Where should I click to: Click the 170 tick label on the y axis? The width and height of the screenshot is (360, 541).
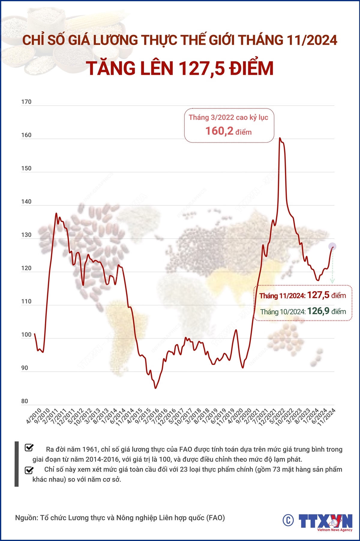26,102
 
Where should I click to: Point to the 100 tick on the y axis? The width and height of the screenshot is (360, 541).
26,335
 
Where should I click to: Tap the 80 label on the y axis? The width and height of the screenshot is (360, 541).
24,401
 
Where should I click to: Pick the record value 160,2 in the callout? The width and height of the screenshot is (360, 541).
219,131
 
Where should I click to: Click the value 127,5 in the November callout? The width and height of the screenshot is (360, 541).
318,295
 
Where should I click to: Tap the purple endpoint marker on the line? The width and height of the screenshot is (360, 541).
332,246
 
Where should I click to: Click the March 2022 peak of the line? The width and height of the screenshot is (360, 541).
280,138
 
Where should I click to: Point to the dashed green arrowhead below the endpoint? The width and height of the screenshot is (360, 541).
332,281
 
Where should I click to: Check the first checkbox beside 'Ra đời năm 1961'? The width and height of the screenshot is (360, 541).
29,448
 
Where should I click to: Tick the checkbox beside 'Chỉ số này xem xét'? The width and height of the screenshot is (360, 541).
29,470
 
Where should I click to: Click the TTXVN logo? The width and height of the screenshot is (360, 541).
325,521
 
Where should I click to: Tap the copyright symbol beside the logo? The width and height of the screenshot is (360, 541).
288,520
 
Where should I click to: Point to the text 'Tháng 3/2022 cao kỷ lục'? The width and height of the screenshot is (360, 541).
228,117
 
